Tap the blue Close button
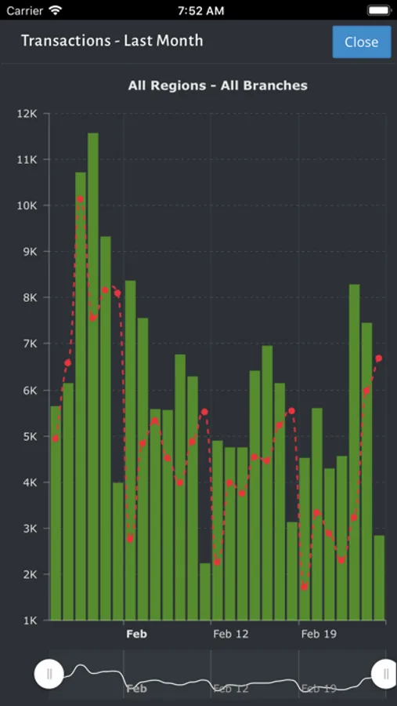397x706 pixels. (x=361, y=42)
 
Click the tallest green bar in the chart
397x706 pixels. (x=93, y=377)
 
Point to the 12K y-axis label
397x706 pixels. (x=27, y=114)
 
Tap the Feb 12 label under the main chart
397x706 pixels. (x=230, y=634)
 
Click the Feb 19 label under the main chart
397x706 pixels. (x=319, y=634)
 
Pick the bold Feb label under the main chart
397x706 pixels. (x=136, y=634)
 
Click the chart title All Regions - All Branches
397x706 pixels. (x=218, y=86)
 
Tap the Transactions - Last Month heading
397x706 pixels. (x=112, y=41)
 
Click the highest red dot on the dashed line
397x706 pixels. (x=80, y=199)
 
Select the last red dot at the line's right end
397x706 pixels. (x=379, y=358)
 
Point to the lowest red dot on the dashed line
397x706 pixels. (x=305, y=587)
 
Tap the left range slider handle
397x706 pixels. (x=49, y=673)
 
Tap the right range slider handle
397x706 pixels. (x=384, y=673)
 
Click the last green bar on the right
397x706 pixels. (x=379, y=577)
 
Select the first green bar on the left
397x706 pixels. (x=56, y=513)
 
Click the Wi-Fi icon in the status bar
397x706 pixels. (x=55, y=11)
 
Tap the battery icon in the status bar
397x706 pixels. (x=377, y=11)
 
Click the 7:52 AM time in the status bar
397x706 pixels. (x=200, y=11)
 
